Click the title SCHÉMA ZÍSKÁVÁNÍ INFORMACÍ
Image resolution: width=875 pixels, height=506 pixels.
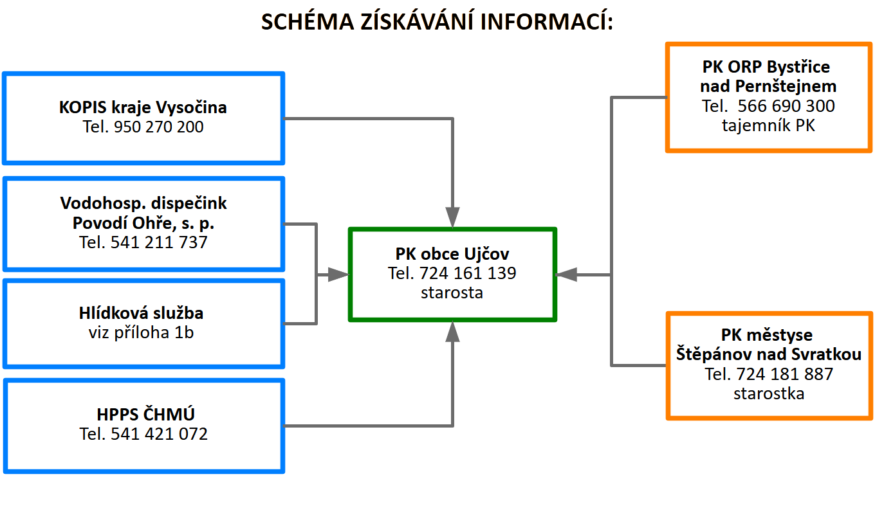tap(438, 21)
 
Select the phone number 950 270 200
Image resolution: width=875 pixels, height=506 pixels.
tap(158, 127)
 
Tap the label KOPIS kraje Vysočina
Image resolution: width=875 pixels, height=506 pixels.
tap(143, 107)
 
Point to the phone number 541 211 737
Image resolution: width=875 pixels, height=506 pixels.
tap(159, 242)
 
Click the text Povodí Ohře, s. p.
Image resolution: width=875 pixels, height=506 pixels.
tap(143, 223)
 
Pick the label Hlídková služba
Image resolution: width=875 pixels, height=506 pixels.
tap(141, 313)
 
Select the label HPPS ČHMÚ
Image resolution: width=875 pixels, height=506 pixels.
tap(143, 414)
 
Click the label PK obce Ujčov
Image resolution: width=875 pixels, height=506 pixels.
tap(452, 253)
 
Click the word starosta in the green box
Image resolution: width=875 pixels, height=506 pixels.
tap(452, 293)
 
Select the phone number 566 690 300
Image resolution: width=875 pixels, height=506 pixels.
tap(786, 106)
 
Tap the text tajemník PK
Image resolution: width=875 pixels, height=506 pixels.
tap(768, 125)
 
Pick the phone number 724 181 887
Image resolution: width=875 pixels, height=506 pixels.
tap(785, 374)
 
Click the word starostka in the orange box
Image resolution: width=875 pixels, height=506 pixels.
tap(768, 393)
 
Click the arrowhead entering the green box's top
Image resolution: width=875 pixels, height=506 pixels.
tap(453, 217)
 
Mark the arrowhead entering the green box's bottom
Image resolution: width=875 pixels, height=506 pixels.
tap(453, 332)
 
